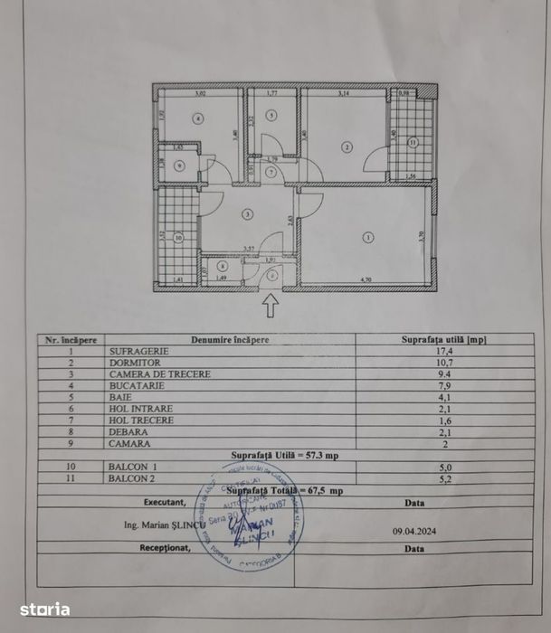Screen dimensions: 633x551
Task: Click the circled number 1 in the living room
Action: tap(367, 238)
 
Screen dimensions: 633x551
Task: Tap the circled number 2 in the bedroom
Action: tap(346, 146)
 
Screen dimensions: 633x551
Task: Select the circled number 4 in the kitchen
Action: tap(198, 118)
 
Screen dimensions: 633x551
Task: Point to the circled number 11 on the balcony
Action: tap(412, 142)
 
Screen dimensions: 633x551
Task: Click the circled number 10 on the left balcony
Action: tap(178, 239)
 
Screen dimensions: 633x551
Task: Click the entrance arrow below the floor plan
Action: tap(271, 307)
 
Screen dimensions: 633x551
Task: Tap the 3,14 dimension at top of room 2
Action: tap(343, 93)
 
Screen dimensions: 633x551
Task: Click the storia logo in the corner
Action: tap(44, 609)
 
